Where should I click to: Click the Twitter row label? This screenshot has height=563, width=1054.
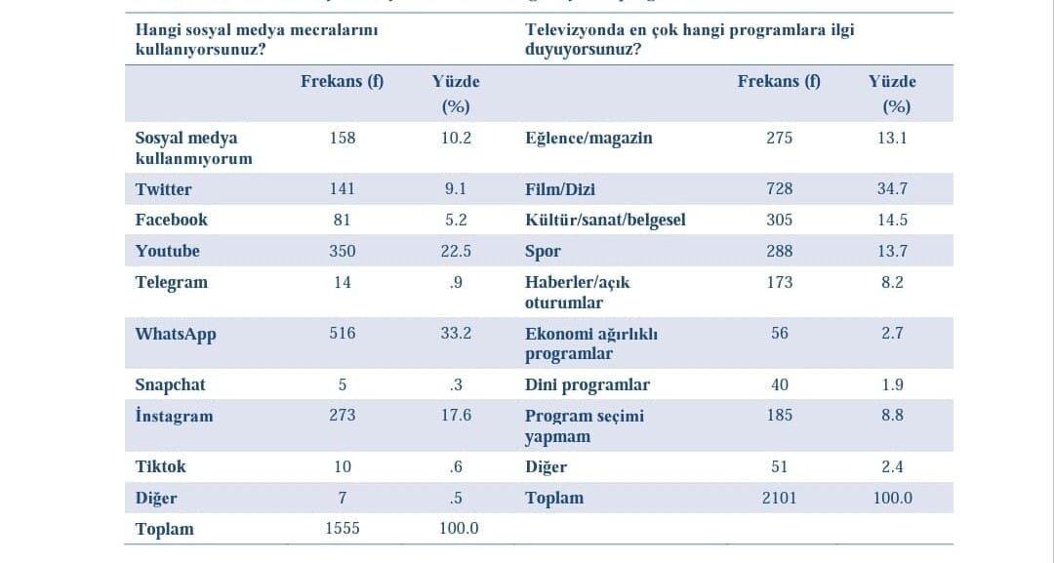[163, 189]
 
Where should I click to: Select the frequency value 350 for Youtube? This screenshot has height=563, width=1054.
[343, 252]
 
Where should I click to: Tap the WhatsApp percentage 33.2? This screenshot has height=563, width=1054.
[456, 334]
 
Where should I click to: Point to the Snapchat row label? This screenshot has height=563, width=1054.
[170, 385]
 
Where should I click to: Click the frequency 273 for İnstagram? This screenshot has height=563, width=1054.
[343, 416]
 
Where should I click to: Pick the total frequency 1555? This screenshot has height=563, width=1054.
[343, 529]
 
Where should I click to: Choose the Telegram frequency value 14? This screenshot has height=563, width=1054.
[343, 282]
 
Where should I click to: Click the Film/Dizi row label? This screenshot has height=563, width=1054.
[560, 189]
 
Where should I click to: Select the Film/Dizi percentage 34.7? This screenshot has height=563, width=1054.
[892, 188]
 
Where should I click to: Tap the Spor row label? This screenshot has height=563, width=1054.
[543, 252]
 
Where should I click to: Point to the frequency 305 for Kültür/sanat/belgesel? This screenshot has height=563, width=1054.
[779, 221]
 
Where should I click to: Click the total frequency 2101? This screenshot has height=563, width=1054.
[779, 498]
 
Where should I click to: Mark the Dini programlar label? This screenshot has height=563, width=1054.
[587, 385]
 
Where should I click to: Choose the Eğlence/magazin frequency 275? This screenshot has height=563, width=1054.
[779, 139]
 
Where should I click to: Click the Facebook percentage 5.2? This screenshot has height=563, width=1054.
[456, 221]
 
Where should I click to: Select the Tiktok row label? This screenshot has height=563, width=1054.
[160, 467]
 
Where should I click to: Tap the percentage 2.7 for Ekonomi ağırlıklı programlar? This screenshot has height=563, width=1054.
[892, 334]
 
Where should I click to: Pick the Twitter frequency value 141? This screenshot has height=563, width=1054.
[343, 189]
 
